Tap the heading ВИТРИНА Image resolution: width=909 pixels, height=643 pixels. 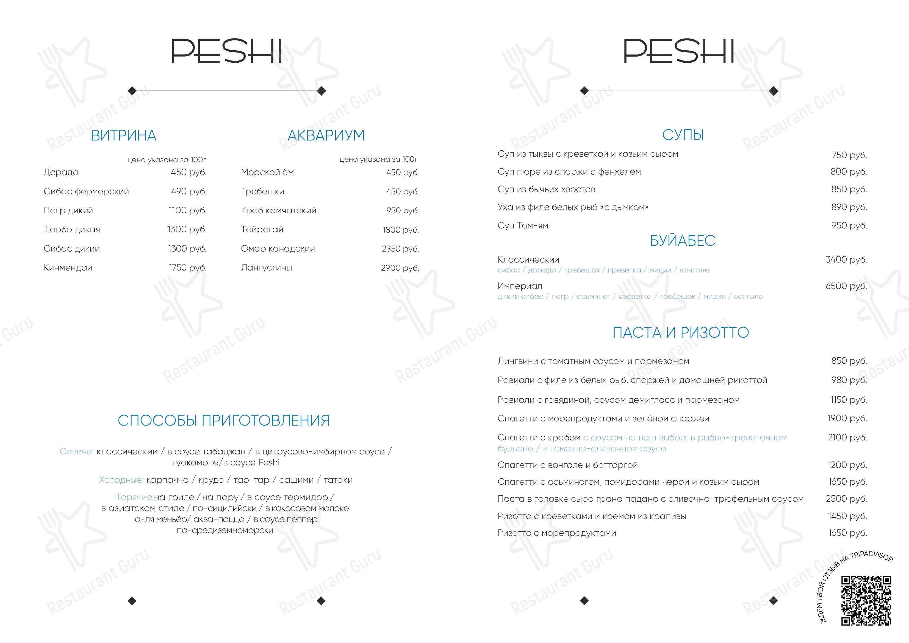(x=124, y=136)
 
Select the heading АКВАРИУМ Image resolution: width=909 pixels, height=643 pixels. (x=326, y=136)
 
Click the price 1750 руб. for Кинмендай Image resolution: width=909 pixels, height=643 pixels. (x=188, y=268)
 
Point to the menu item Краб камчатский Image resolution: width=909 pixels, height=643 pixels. (x=278, y=210)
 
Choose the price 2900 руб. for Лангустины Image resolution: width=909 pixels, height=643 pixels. (x=400, y=268)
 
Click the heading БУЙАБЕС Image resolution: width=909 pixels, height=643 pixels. (x=683, y=241)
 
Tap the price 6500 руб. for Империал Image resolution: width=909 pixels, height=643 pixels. (x=846, y=286)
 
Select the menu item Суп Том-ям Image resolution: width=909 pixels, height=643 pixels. (x=523, y=225)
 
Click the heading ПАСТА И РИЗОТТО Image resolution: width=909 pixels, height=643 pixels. (x=681, y=332)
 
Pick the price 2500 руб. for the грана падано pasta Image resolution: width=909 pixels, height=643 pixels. (x=846, y=499)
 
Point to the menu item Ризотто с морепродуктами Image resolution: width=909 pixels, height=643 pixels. (x=557, y=533)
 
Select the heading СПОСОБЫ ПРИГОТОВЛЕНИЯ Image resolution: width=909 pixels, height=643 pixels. (x=224, y=420)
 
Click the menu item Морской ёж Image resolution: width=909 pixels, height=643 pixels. (x=267, y=172)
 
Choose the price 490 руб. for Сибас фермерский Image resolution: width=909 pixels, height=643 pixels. (x=189, y=191)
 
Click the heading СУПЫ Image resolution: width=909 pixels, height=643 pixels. (x=683, y=135)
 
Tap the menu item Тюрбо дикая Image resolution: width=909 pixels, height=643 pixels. (x=72, y=229)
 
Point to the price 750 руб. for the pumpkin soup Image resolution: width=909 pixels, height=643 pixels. (x=849, y=155)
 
